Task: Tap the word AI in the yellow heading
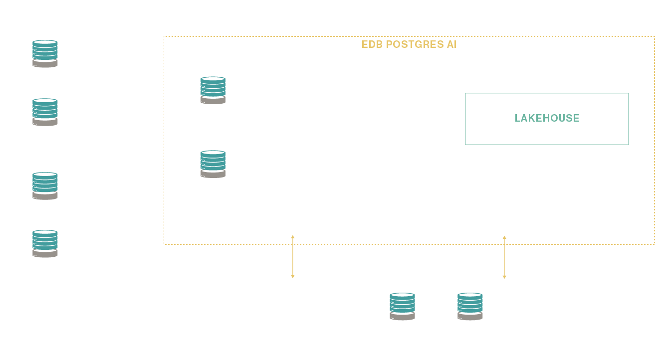tap(451, 44)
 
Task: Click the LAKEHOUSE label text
tap(547, 118)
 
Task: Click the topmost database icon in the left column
tap(45, 54)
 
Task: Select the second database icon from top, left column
tap(45, 112)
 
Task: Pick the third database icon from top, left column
tap(45, 186)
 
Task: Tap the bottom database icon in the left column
tap(45, 244)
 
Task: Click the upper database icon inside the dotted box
tap(213, 90)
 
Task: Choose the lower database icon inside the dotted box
tap(213, 164)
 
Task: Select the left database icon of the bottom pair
tap(402, 307)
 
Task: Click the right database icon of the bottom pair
tap(470, 307)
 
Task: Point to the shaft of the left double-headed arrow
tap(293, 257)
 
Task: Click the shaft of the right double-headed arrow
tap(504, 257)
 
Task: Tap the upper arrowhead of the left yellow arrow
tap(293, 237)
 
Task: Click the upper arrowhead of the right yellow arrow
tap(504, 237)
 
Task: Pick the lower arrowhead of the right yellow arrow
tap(504, 277)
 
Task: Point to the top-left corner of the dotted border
tap(164, 36)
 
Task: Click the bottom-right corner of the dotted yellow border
tap(654, 244)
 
